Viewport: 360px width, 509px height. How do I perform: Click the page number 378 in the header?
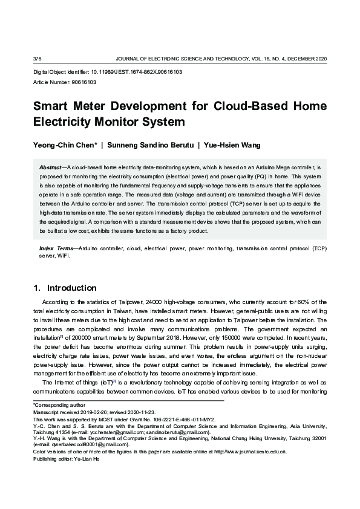(x=37, y=59)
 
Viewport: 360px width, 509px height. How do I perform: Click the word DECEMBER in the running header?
(x=300, y=59)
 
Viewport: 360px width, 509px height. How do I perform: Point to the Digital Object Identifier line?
(x=107, y=72)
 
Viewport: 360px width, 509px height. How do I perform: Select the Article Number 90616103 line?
(x=64, y=82)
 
